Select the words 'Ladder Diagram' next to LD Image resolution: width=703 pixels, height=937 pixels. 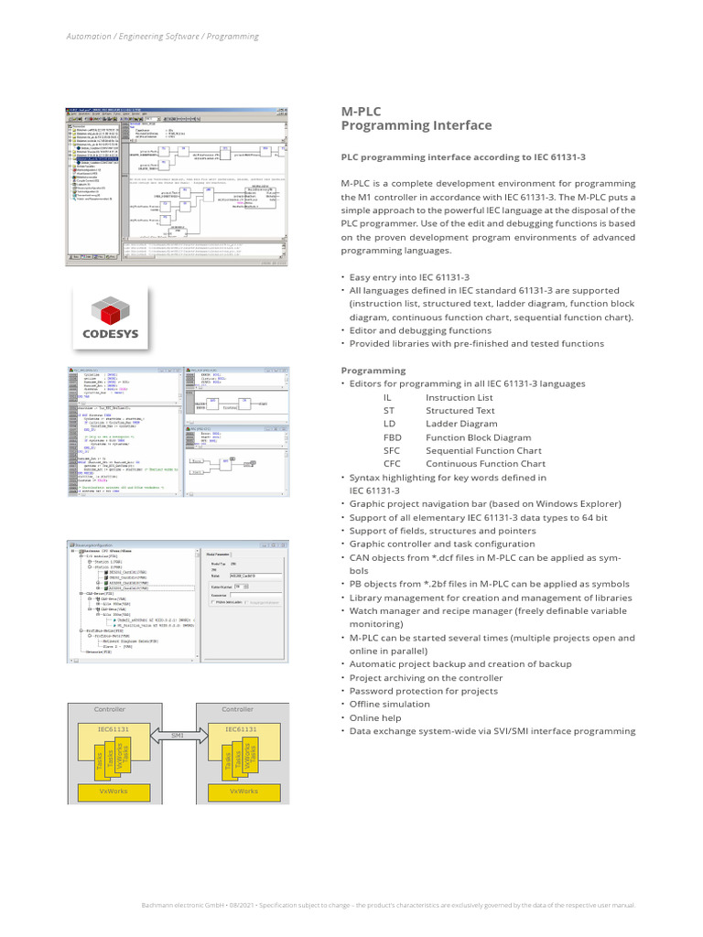[461, 424]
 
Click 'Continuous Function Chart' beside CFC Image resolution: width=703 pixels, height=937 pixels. [485, 464]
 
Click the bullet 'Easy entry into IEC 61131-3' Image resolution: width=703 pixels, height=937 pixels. [409, 276]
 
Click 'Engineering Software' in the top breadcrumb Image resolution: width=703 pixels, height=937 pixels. [161, 37]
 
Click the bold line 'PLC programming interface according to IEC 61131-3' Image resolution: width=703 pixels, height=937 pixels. [463, 157]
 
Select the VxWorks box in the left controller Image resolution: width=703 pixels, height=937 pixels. [111, 791]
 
